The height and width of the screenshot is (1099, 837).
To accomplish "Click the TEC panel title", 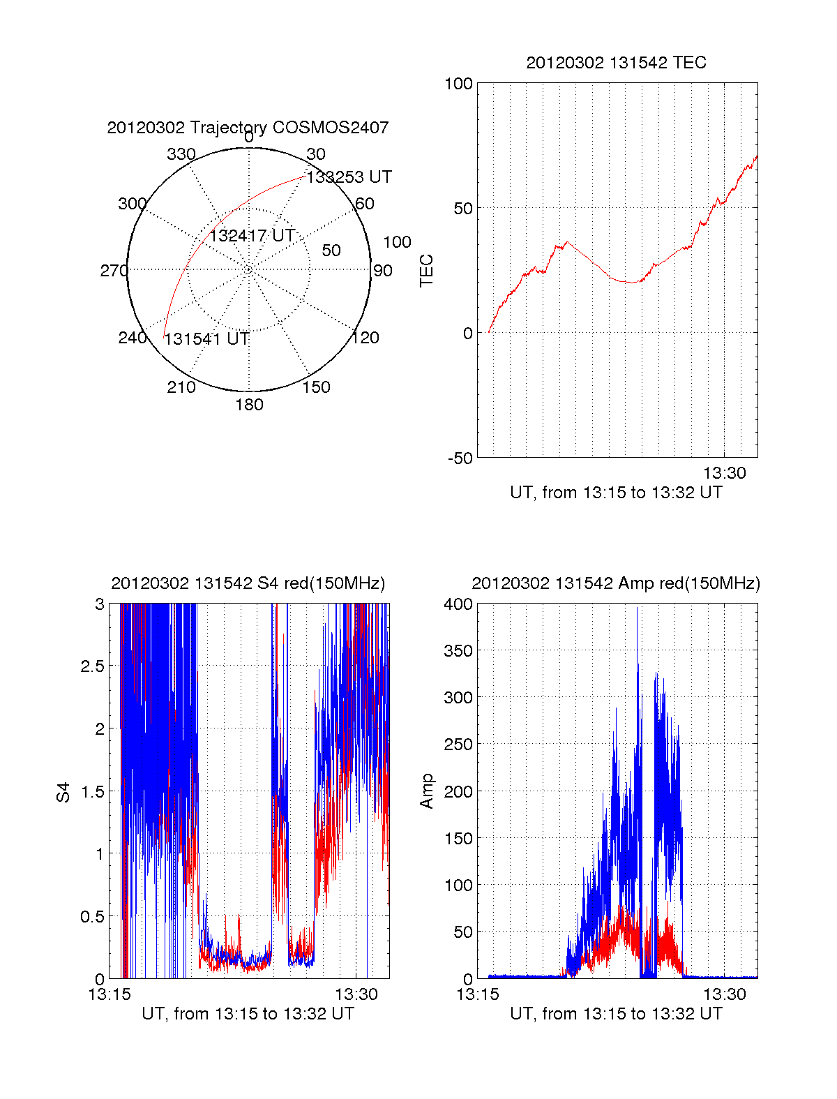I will coord(616,63).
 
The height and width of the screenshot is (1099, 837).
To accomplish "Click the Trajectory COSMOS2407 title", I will coord(248,128).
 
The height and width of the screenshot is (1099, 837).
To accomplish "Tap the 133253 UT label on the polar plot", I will coord(349,177).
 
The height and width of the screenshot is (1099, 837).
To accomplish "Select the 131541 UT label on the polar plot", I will coord(206,339).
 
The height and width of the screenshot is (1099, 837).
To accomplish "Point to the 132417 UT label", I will coord(252,236).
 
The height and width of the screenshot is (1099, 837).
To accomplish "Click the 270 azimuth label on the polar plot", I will coord(114,271).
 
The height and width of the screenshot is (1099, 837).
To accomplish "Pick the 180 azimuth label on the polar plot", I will coord(249,405).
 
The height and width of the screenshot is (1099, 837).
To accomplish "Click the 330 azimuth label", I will coord(181,154).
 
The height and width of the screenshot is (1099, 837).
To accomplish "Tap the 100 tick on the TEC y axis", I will coord(458,84).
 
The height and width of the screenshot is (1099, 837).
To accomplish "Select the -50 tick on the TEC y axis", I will coord(460,458).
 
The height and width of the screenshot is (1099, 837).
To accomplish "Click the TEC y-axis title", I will coord(426,271).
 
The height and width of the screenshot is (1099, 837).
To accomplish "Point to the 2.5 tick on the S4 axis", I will coord(92,666).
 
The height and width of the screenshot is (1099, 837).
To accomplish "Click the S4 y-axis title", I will coord(63,792).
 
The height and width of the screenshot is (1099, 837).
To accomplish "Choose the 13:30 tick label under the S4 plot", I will coord(356,994).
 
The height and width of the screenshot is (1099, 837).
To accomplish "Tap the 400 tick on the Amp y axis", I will coord(458,604).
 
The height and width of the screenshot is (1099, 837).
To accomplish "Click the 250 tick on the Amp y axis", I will coord(458,745).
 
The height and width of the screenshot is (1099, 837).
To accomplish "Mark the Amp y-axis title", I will coord(426,791).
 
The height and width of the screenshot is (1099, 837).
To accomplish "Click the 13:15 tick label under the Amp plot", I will coord(478,994).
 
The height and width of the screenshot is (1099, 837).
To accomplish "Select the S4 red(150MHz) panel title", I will coord(248,583).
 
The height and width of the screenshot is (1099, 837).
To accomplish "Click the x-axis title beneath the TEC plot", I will coord(616,493).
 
